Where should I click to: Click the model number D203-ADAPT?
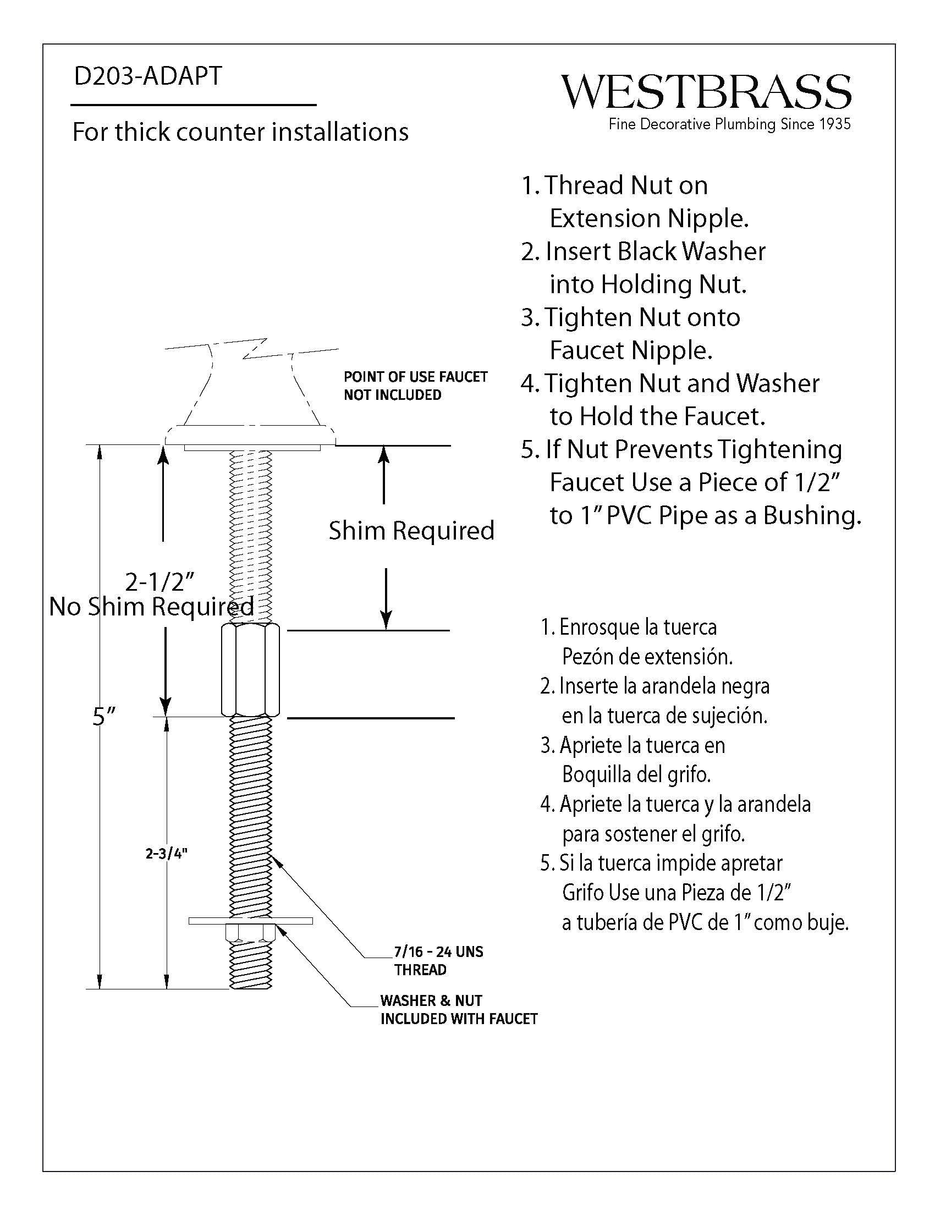[148, 76]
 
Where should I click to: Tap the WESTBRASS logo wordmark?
[706, 92]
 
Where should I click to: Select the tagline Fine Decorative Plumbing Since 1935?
[729, 124]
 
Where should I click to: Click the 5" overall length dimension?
[104, 716]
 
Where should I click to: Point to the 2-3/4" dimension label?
[166, 853]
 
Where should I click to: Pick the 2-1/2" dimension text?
[159, 582]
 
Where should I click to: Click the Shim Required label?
[411, 531]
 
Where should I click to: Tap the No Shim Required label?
[151, 607]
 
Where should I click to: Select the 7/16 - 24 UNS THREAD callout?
[438, 960]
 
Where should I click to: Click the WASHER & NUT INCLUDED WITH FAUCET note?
[458, 1009]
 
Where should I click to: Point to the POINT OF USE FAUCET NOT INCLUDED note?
[415, 386]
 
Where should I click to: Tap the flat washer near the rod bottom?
[250, 921]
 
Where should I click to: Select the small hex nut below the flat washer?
[250, 933]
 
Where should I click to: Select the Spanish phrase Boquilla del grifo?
[636, 774]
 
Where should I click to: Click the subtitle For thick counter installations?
[240, 132]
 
